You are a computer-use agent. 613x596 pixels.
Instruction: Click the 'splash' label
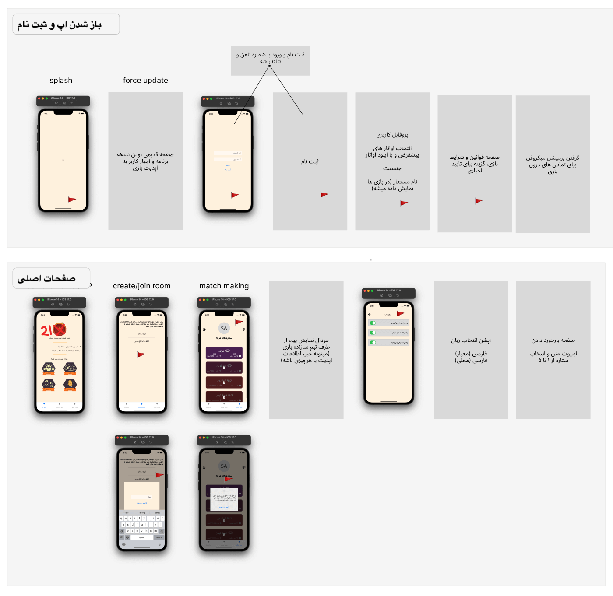tap(61, 81)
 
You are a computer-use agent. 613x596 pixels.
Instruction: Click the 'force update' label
tap(145, 81)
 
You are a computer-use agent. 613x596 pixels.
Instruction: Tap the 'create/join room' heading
tap(141, 286)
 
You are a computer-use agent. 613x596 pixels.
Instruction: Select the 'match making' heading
tap(224, 286)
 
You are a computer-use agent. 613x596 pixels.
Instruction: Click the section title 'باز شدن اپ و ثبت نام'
tap(60, 25)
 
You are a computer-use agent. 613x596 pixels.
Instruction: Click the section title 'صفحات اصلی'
tap(46, 279)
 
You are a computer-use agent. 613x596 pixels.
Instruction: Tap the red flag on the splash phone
tap(72, 200)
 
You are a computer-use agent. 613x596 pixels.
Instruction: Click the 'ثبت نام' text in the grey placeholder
tap(310, 162)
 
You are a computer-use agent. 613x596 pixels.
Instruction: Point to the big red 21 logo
tap(53, 330)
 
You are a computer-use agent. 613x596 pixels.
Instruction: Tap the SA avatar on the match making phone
tap(224, 328)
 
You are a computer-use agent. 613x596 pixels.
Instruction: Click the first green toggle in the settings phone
tap(373, 323)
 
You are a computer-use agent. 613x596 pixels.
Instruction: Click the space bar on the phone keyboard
tap(141, 537)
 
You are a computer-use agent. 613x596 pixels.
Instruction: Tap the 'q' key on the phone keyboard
tap(121, 518)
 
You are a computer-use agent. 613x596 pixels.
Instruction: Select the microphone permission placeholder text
tap(553, 165)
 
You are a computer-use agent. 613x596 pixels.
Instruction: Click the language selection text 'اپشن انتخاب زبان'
tap(471, 340)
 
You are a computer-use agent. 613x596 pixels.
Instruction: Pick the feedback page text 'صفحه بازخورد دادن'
tap(553, 340)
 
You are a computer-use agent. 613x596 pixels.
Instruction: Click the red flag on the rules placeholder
tap(479, 201)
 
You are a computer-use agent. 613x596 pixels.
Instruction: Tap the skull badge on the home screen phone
tap(49, 368)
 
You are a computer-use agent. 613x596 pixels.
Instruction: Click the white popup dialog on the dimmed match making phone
tap(224, 499)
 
